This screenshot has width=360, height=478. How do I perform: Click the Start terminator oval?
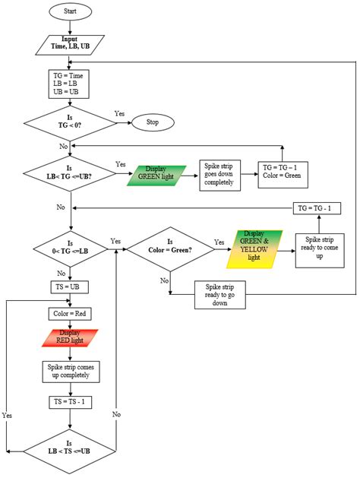click(x=70, y=12)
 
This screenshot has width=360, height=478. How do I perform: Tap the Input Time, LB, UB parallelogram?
click(x=70, y=43)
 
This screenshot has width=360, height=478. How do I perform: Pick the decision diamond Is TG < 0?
click(x=70, y=122)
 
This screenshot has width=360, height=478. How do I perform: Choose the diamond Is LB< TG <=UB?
click(x=70, y=173)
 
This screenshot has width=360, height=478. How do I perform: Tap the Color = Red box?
click(x=70, y=314)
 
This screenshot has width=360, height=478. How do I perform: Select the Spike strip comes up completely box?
click(x=70, y=371)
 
